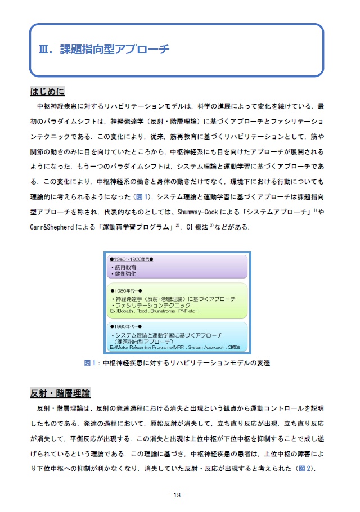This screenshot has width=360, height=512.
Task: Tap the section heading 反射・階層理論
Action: click(x=60, y=392)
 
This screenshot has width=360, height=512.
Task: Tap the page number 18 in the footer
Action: click(x=177, y=495)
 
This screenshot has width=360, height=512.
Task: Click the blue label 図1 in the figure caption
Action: click(x=92, y=363)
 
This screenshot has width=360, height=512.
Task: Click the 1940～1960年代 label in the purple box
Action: click(x=132, y=259)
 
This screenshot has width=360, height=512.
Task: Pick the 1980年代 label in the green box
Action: click(x=126, y=291)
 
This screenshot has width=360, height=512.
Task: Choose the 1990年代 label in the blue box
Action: click(x=126, y=326)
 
